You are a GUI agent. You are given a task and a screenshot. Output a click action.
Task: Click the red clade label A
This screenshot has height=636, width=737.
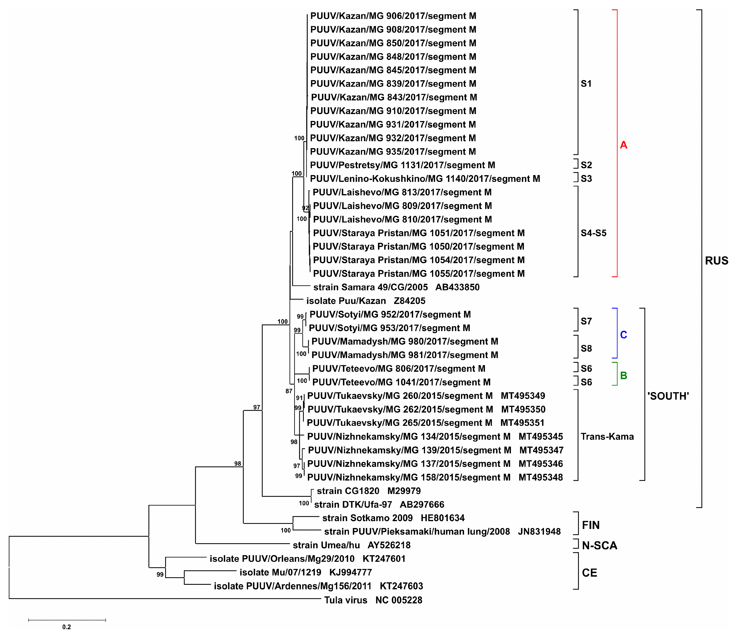623,145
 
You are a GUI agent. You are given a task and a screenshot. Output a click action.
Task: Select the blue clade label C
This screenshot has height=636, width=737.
623,335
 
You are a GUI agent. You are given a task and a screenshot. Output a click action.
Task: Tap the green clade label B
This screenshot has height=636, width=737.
623,375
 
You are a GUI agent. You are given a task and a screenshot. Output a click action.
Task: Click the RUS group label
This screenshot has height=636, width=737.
716,261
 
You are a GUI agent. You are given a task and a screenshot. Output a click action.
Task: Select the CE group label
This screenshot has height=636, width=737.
589,573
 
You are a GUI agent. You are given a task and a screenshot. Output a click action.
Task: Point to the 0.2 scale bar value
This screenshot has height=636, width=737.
67,627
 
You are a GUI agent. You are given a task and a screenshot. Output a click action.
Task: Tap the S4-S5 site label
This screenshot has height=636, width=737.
593,233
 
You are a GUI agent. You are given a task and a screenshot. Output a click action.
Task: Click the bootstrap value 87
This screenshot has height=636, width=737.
289,391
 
